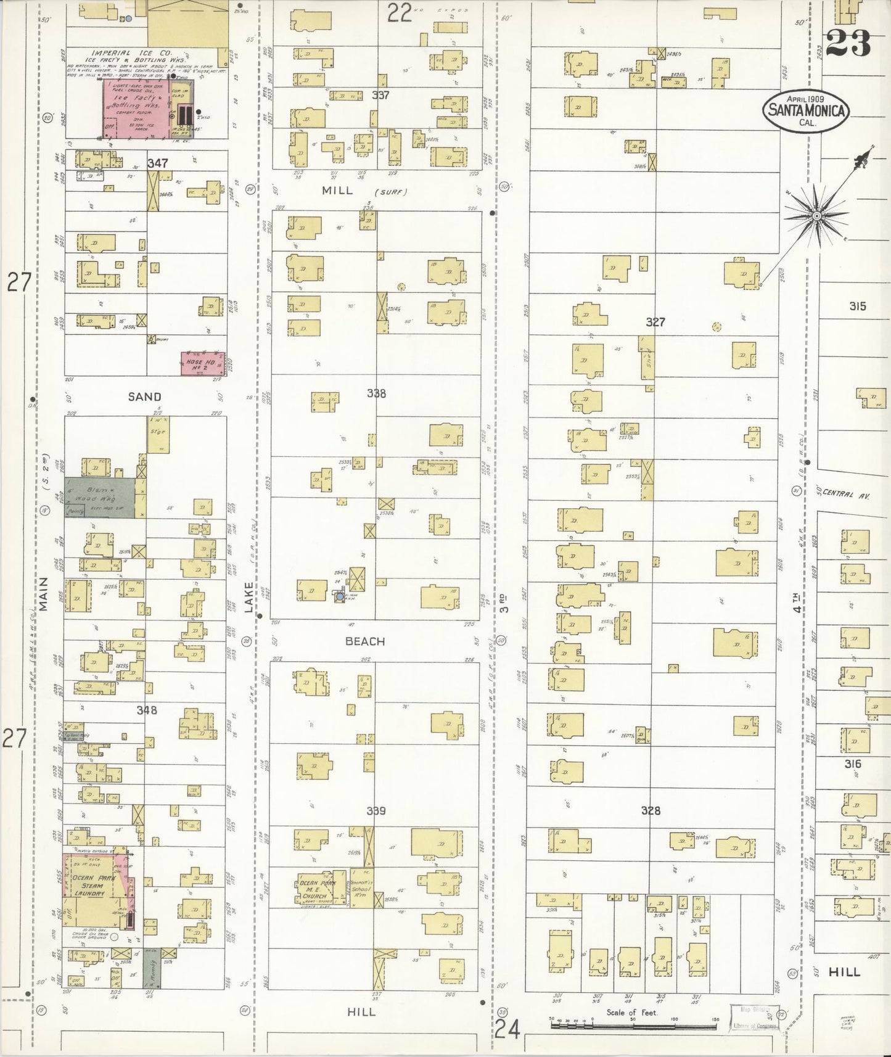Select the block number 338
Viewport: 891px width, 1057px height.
[376, 393]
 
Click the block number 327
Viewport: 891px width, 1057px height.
[655, 322]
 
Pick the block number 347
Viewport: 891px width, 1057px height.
[158, 163]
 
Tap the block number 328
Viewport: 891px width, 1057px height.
[651, 810]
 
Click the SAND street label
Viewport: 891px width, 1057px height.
[144, 397]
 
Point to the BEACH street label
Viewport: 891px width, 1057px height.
[365, 641]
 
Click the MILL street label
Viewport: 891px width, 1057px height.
[338, 191]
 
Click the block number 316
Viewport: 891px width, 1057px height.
[853, 764]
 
